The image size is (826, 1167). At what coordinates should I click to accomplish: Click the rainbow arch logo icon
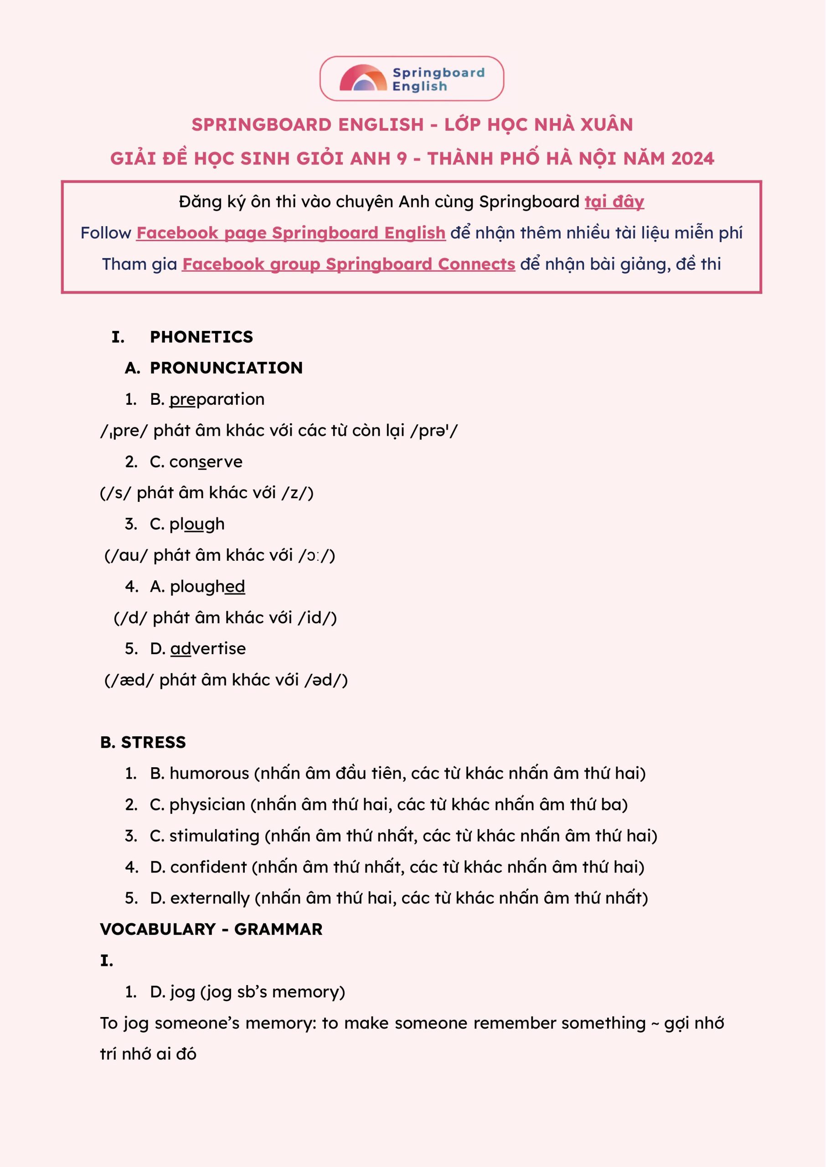363,79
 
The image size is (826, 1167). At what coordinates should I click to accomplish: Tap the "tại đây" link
614,202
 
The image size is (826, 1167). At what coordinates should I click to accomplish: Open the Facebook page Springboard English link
290,233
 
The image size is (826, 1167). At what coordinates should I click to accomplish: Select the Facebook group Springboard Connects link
348,264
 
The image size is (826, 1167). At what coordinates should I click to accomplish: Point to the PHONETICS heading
201,336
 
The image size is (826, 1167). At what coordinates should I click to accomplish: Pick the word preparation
217,399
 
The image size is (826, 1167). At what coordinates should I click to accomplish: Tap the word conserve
206,462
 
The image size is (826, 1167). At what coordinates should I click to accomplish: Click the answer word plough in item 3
196,524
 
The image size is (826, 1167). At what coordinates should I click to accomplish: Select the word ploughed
207,586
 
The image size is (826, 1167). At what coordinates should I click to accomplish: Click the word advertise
207,648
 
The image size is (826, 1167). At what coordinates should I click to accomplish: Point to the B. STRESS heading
143,743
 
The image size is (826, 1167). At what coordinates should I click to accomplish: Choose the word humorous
210,774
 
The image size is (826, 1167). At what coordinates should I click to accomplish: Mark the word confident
208,867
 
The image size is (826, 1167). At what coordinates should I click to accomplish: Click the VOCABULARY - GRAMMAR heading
211,929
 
